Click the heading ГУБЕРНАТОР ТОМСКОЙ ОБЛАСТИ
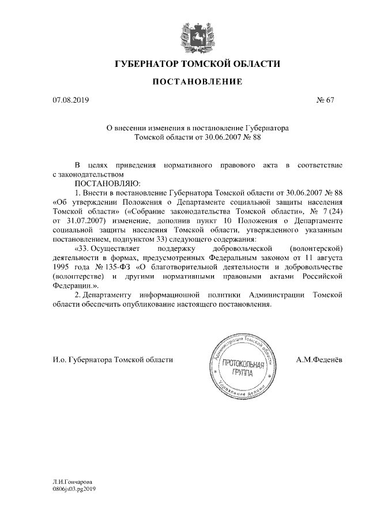click(x=198, y=63)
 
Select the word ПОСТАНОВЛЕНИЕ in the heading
click(x=197, y=82)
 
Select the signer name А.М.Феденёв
click(x=319, y=359)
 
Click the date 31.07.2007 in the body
click(x=87, y=220)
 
